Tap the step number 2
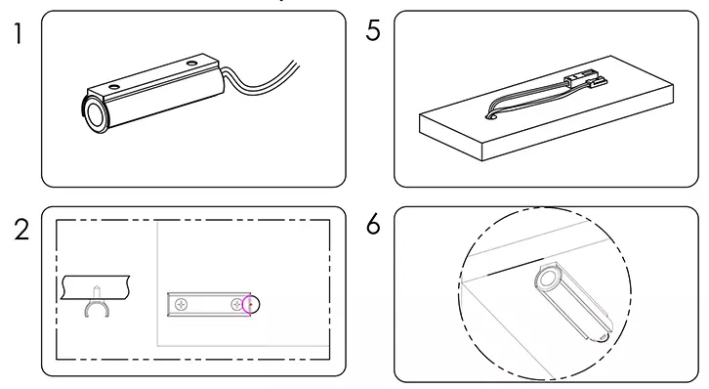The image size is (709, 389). click(x=19, y=231)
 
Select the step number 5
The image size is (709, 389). click(x=372, y=31)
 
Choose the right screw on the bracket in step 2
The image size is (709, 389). click(x=237, y=305)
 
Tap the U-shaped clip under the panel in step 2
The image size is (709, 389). click(x=97, y=313)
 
